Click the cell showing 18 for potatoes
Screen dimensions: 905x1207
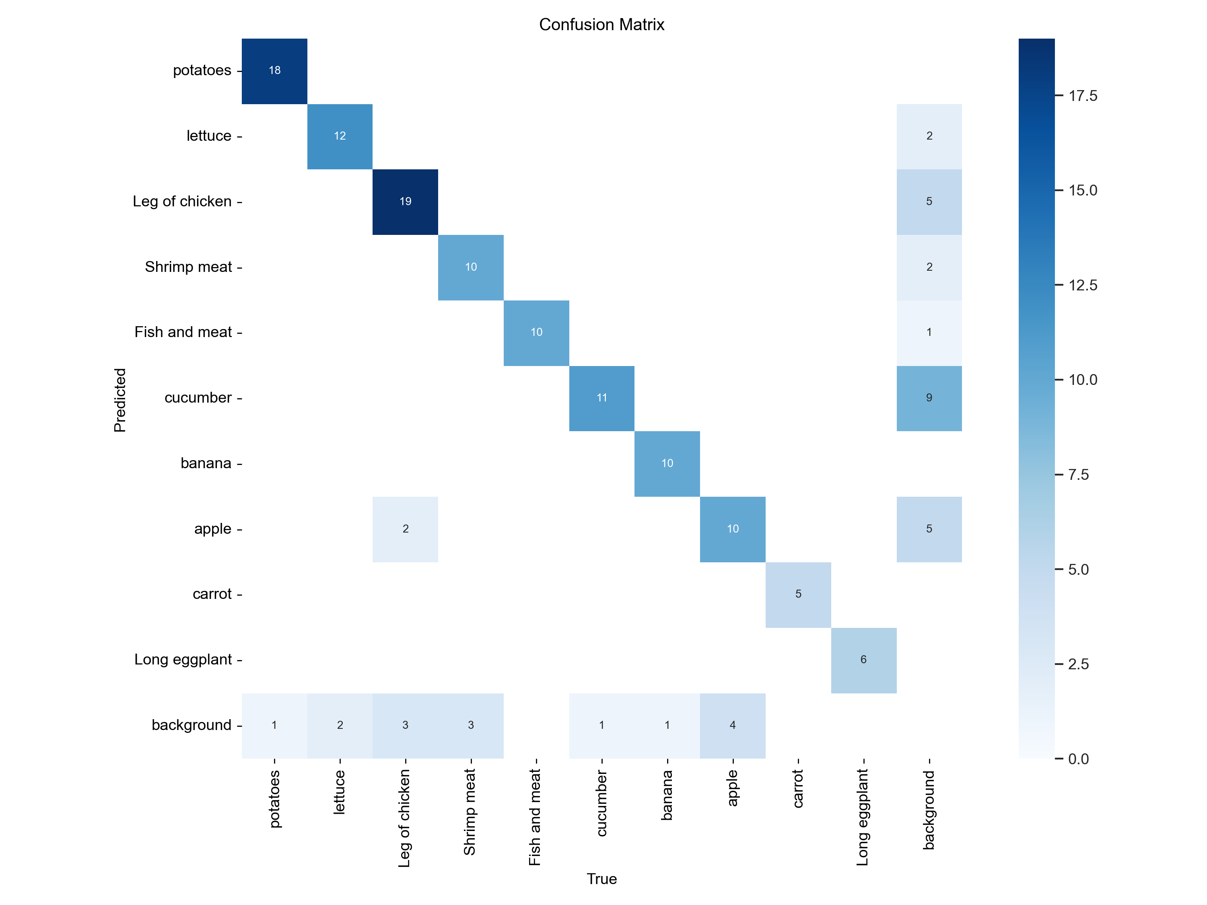[274, 71]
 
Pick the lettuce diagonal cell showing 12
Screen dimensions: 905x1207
[340, 136]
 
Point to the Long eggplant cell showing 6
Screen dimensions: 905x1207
[863, 660]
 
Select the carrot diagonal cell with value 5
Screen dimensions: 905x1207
[798, 594]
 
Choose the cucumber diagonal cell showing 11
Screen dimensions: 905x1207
[601, 398]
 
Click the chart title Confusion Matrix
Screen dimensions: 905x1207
[601, 25]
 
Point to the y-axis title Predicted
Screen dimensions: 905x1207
[120, 400]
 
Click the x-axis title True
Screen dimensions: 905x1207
[601, 879]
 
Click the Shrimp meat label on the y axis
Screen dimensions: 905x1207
[188, 267]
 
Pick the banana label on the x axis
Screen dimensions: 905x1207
[667, 795]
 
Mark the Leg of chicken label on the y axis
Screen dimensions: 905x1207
[182, 201]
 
